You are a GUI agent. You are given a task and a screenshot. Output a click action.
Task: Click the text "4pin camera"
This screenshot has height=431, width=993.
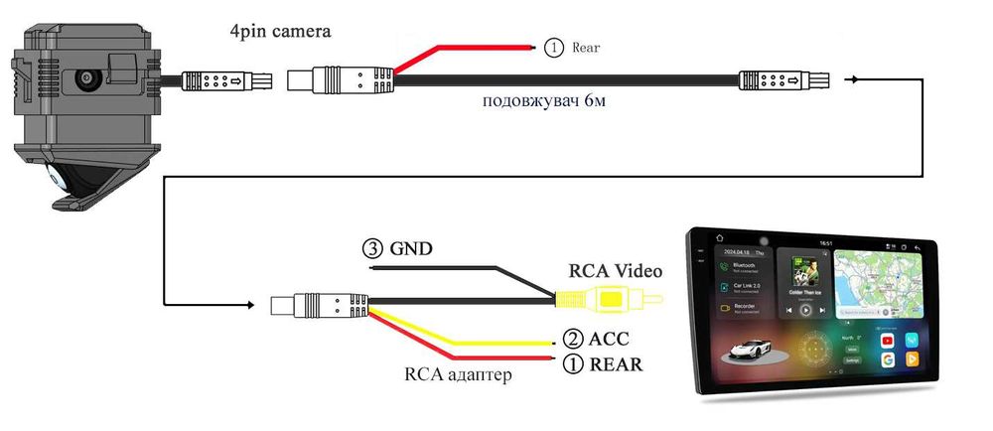[281, 32]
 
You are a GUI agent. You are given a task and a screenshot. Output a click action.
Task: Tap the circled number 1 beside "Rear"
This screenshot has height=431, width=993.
[553, 47]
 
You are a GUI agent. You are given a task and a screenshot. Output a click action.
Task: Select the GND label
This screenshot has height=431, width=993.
[412, 248]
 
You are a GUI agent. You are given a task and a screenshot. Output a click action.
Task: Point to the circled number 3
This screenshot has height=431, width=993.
[371, 248]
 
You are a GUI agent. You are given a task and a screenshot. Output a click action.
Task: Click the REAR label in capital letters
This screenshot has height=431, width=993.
[616, 363]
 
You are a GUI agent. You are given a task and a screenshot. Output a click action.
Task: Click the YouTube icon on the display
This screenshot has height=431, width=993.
[886, 341]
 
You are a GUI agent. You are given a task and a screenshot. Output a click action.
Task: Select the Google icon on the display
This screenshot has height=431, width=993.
[886, 359]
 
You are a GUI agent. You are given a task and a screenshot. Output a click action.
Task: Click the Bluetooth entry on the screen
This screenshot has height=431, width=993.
[743, 267]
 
